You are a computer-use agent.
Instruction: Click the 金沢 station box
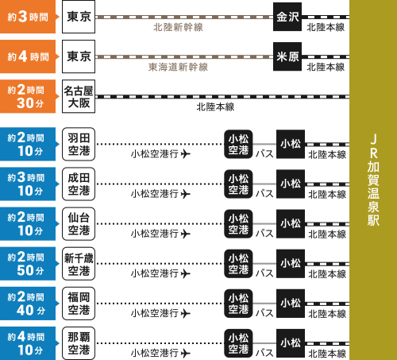287,17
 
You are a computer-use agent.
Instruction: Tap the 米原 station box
287,56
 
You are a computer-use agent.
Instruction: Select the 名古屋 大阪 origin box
79,96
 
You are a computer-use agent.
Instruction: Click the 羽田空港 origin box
79,144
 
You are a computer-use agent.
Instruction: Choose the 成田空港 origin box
79,184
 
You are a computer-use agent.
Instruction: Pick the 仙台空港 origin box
79,224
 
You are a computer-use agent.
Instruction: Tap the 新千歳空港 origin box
79,264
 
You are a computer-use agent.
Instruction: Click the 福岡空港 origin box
79,304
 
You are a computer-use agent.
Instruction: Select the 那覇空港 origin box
79,343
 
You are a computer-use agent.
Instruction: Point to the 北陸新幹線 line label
178,27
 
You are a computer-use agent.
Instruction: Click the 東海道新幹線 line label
178,67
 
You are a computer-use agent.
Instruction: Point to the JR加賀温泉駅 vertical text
373,180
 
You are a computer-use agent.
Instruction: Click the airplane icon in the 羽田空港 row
186,154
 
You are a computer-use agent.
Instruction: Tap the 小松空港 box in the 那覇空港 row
238,343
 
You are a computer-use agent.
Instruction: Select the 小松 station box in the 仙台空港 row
291,224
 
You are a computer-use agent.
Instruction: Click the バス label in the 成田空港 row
264,194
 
